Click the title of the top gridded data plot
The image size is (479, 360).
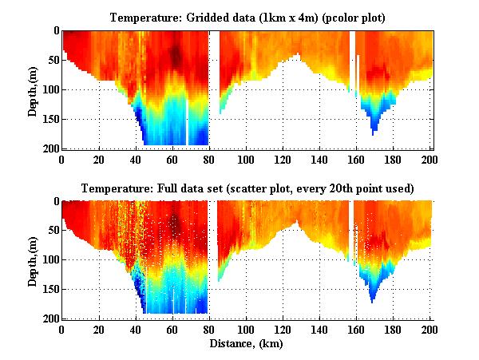coord(247,17)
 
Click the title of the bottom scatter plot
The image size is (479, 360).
coord(247,188)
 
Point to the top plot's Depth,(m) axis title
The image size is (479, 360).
coord(33,89)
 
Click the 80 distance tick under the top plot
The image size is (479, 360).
coord(209,159)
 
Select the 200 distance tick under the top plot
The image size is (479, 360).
coord(431,159)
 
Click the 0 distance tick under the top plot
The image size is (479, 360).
coord(62,159)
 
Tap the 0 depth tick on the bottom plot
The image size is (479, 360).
coord(54,202)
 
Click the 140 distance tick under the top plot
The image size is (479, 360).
coord(320,159)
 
